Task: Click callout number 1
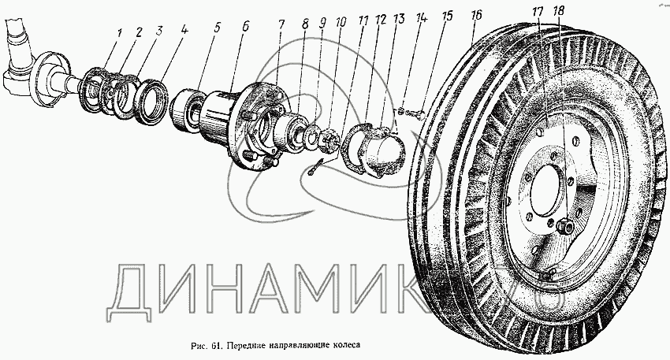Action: [x=119, y=34]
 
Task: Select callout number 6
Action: [x=245, y=28]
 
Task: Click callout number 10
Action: [x=341, y=22]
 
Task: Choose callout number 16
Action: [x=475, y=14]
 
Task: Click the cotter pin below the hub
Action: [x=317, y=168]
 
